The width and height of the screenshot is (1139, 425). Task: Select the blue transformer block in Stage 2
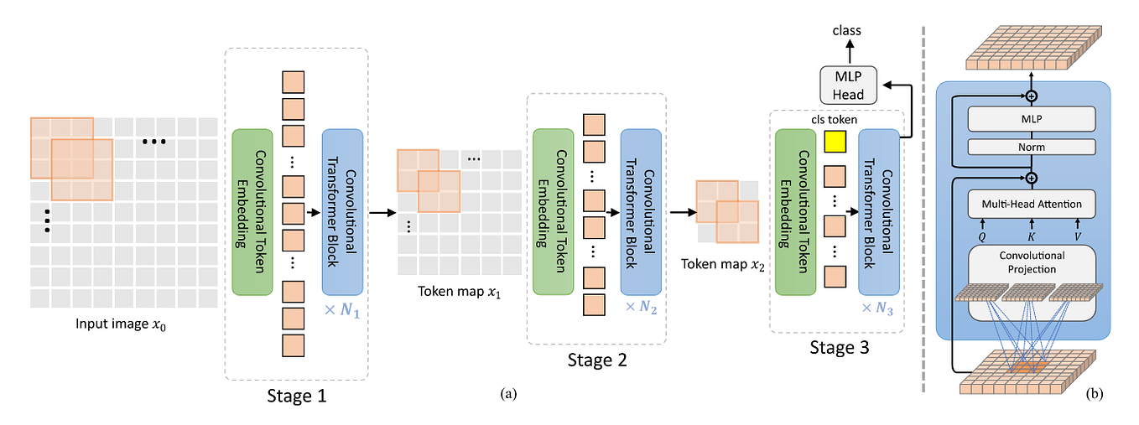click(641, 211)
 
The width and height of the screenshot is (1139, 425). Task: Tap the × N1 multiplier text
click(342, 313)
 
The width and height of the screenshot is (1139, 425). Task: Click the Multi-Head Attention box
click(1031, 203)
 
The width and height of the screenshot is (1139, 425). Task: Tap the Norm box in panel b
click(1031, 148)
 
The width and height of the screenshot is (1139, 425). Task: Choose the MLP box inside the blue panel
click(1031, 118)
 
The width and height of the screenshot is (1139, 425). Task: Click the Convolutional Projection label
click(1031, 262)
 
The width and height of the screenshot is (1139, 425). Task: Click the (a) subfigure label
click(508, 392)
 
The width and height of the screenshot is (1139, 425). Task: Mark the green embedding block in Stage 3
click(796, 211)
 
